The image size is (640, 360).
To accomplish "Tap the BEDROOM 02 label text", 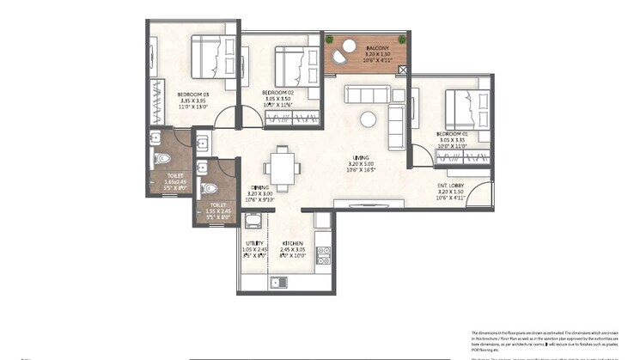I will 278,92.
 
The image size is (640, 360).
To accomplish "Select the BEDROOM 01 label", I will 451,134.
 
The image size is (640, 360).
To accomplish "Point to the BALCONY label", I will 376,48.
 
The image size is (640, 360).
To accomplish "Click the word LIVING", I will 361,157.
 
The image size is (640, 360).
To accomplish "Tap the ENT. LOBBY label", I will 451,184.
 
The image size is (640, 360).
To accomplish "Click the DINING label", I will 260,187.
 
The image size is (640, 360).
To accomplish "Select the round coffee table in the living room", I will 368,119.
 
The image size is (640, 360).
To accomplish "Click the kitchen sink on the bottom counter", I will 277,282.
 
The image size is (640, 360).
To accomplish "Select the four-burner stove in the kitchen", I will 324,255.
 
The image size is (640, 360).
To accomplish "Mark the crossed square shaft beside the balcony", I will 403,70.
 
